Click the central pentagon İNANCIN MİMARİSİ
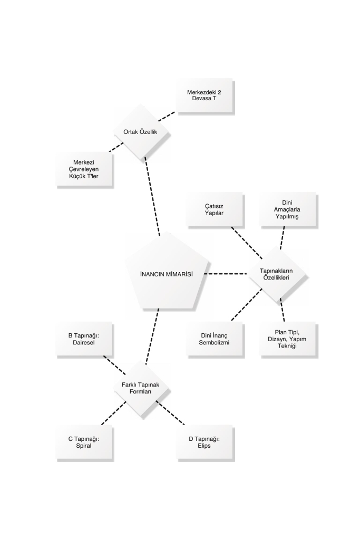167,272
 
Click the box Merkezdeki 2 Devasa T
204,95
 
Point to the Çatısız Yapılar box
214,209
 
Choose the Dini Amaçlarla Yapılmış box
287,209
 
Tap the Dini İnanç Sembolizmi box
214,339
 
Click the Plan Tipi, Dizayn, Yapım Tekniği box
287,339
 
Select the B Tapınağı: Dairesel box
84,339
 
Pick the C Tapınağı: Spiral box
84,442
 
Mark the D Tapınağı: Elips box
204,442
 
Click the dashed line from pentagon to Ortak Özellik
152,196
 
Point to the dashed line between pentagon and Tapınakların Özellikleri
226,274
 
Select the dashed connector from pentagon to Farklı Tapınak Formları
152,336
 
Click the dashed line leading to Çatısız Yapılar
247,243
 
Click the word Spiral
84,446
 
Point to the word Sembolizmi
214,342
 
